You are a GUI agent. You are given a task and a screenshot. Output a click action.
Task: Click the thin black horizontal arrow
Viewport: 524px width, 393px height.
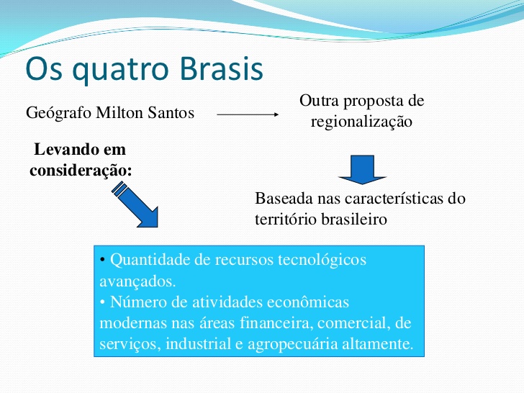click(247, 114)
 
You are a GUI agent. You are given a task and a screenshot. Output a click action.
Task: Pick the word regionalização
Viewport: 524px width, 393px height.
click(361, 122)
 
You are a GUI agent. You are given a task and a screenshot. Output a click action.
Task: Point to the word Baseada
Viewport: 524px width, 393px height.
click(281, 199)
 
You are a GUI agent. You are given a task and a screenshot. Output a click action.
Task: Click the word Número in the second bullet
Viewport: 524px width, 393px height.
click(136, 302)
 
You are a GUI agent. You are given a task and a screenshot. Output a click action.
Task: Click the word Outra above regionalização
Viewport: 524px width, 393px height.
click(320, 101)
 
